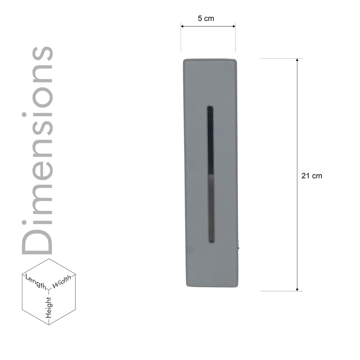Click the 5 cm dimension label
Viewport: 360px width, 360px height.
click(206, 18)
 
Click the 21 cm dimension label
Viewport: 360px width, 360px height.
click(312, 176)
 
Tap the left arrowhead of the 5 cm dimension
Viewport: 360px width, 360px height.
click(182, 26)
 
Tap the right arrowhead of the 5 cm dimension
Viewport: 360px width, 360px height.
click(234, 26)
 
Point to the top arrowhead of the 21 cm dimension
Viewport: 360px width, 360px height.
click(297, 60)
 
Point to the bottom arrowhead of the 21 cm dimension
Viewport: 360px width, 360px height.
click(297, 290)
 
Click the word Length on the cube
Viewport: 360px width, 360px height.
click(36, 281)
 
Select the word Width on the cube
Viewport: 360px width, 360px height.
click(62, 281)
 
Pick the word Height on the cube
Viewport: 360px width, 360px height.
click(49, 308)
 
